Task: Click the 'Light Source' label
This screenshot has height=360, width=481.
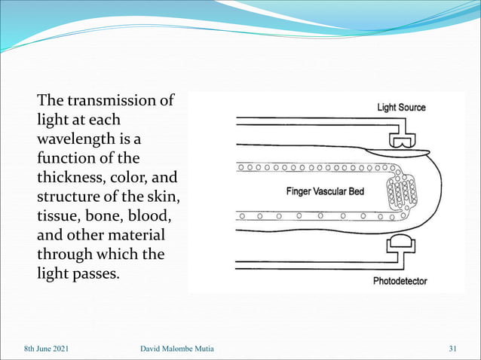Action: tap(401, 108)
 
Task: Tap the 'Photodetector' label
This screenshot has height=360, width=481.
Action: tap(400, 282)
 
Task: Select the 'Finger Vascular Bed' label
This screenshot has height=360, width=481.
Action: tap(325, 191)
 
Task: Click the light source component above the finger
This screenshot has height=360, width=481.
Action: tap(402, 140)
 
